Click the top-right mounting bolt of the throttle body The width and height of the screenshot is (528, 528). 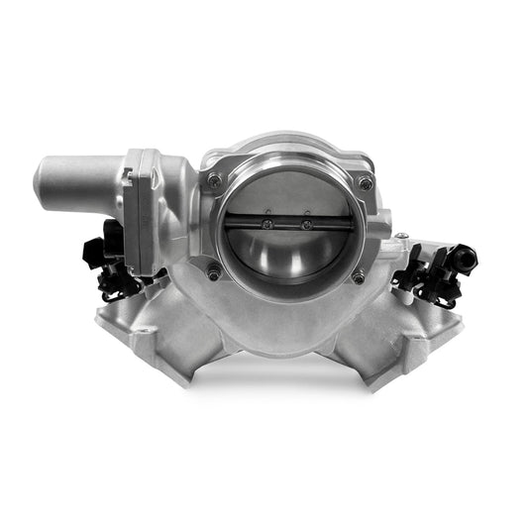(x=367, y=182)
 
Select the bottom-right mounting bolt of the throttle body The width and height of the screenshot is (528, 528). (x=359, y=276)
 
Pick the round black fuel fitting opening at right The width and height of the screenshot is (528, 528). (x=466, y=259)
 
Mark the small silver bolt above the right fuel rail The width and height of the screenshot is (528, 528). (x=402, y=237)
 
